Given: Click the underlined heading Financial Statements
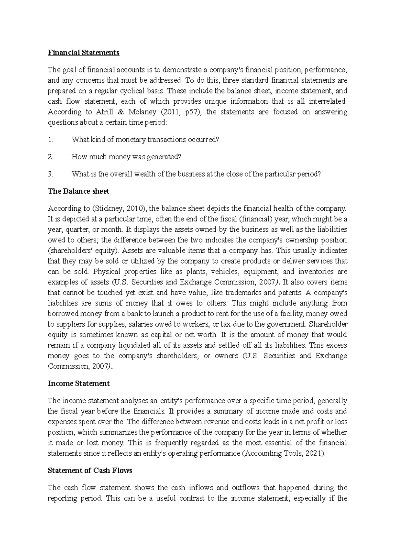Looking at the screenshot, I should click(83, 53).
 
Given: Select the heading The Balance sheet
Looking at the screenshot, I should click(78, 191).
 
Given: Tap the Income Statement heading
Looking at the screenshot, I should click(79, 384).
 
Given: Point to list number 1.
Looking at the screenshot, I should click(50, 140).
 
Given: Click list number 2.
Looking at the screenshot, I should click(50, 157).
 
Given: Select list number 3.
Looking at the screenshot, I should click(50, 174).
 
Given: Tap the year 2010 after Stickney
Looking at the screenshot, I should click(132, 208).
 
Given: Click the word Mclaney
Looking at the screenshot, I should click(142, 112).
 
